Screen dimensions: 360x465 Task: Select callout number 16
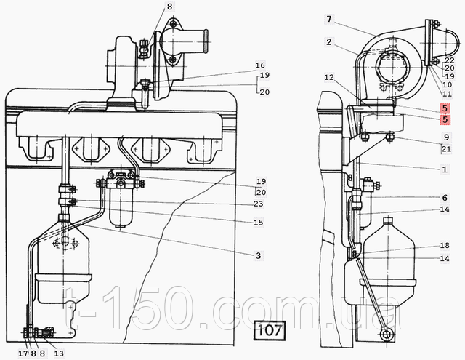[x=259, y=65]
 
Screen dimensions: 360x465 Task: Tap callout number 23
[x=258, y=204]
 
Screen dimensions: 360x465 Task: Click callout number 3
[x=258, y=255]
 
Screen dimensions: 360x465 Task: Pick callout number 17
[x=23, y=353]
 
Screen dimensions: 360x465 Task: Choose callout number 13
[x=59, y=353]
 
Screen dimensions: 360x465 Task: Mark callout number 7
[x=328, y=18]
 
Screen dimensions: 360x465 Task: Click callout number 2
[x=328, y=42]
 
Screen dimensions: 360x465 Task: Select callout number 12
[x=328, y=77]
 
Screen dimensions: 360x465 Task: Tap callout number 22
[x=450, y=60]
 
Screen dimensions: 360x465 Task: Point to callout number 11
[x=447, y=94]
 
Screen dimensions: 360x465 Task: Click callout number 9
[x=446, y=137]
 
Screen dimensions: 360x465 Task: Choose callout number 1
[x=445, y=168]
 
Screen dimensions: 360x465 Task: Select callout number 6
[x=444, y=198]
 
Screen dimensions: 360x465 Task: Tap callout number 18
[x=444, y=246]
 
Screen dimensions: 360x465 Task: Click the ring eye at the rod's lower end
[x=387, y=335]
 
